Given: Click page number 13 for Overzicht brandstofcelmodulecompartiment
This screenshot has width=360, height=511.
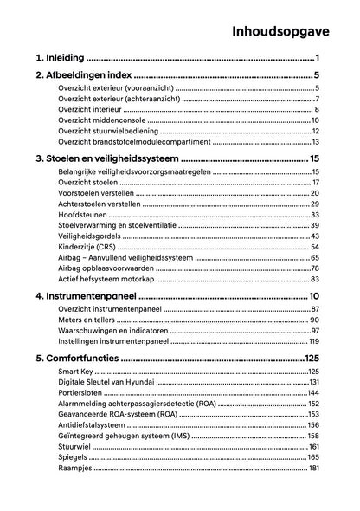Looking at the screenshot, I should pos(317,141).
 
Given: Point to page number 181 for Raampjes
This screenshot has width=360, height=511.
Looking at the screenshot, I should pos(314,468).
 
